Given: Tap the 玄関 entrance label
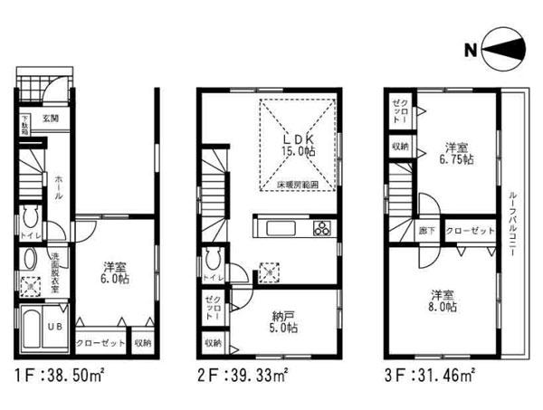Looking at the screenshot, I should pyautogui.click(x=50, y=119).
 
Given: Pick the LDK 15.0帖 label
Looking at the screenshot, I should pyautogui.click(x=298, y=145).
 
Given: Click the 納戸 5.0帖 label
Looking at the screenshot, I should pyautogui.click(x=281, y=322).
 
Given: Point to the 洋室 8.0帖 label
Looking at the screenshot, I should pyautogui.click(x=443, y=300).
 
